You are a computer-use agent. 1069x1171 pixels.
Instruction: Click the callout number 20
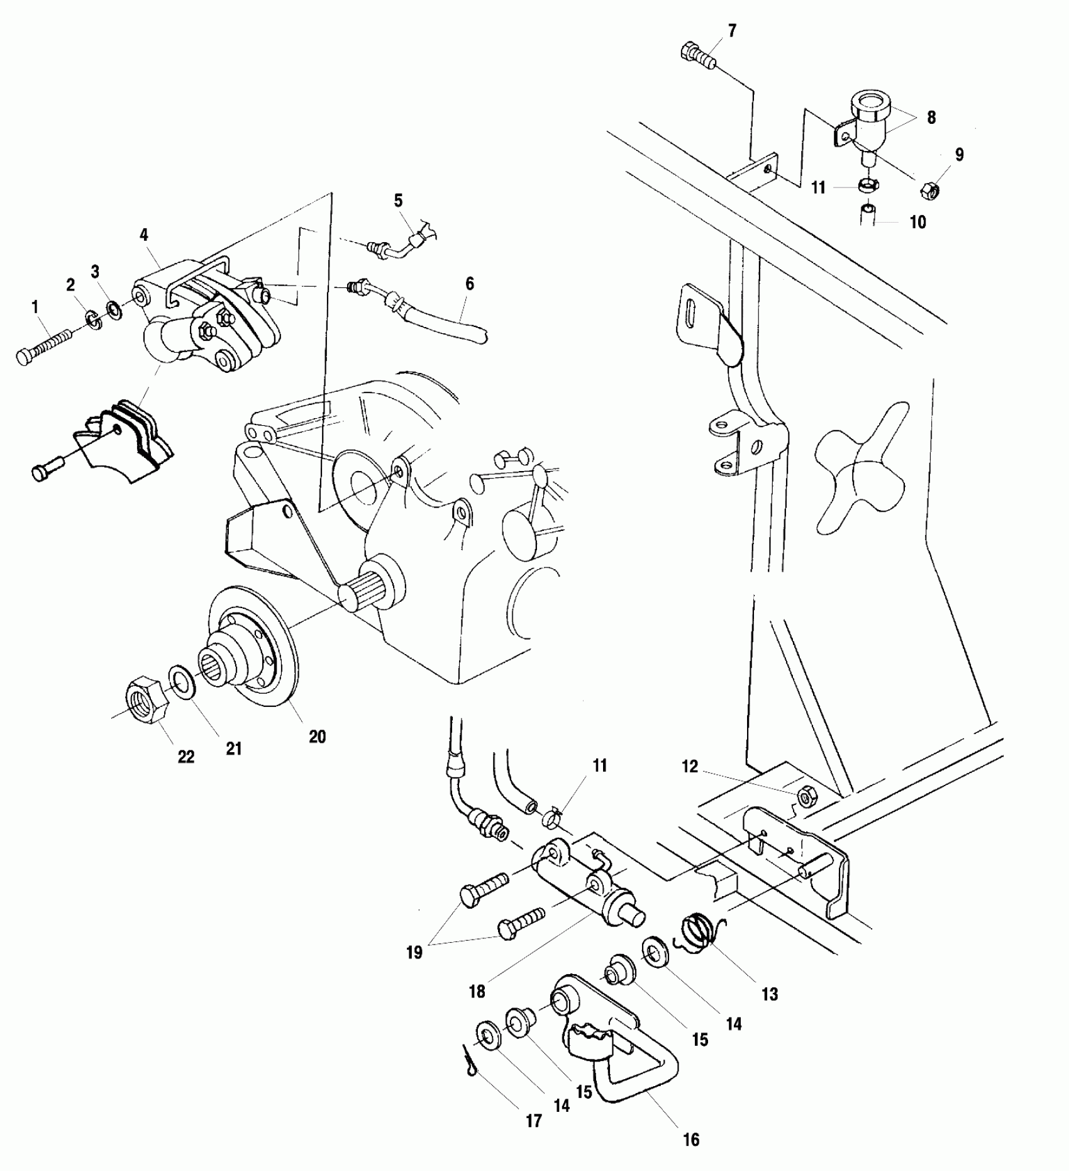(318, 736)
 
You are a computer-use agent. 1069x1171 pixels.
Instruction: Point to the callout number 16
(691, 1140)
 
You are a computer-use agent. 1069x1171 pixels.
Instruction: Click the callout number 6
(469, 284)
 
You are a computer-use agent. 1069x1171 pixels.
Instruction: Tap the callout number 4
(144, 235)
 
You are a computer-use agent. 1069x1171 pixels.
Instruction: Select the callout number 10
(918, 222)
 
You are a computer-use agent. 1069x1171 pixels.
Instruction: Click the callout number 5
(398, 201)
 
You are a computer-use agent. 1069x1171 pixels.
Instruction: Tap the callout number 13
(770, 994)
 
